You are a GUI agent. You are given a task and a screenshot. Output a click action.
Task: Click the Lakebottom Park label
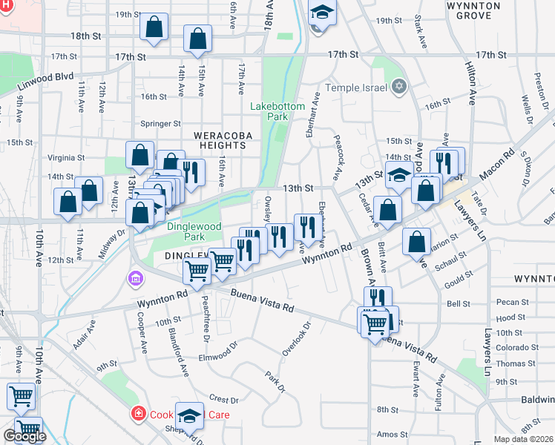(277, 111)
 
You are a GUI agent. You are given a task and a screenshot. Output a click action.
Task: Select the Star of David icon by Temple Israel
(399, 87)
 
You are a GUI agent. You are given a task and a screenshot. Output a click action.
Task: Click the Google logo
(24, 436)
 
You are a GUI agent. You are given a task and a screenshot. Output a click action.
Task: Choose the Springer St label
(161, 123)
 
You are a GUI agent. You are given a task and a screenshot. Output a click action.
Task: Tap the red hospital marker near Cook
(137, 414)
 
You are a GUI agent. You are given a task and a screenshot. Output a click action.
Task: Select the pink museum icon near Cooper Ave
(135, 280)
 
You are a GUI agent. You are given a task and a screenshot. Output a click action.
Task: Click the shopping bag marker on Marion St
(418, 242)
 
